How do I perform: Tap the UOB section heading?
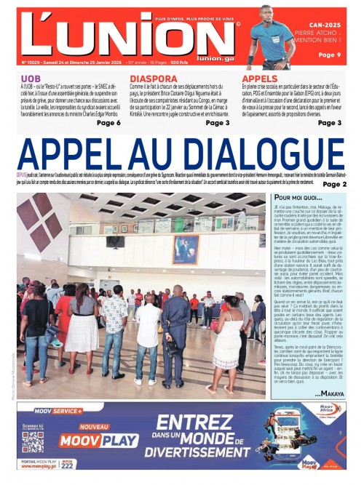31,78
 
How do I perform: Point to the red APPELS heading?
259,78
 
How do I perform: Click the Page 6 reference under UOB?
108,123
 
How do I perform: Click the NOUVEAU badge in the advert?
94,427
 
